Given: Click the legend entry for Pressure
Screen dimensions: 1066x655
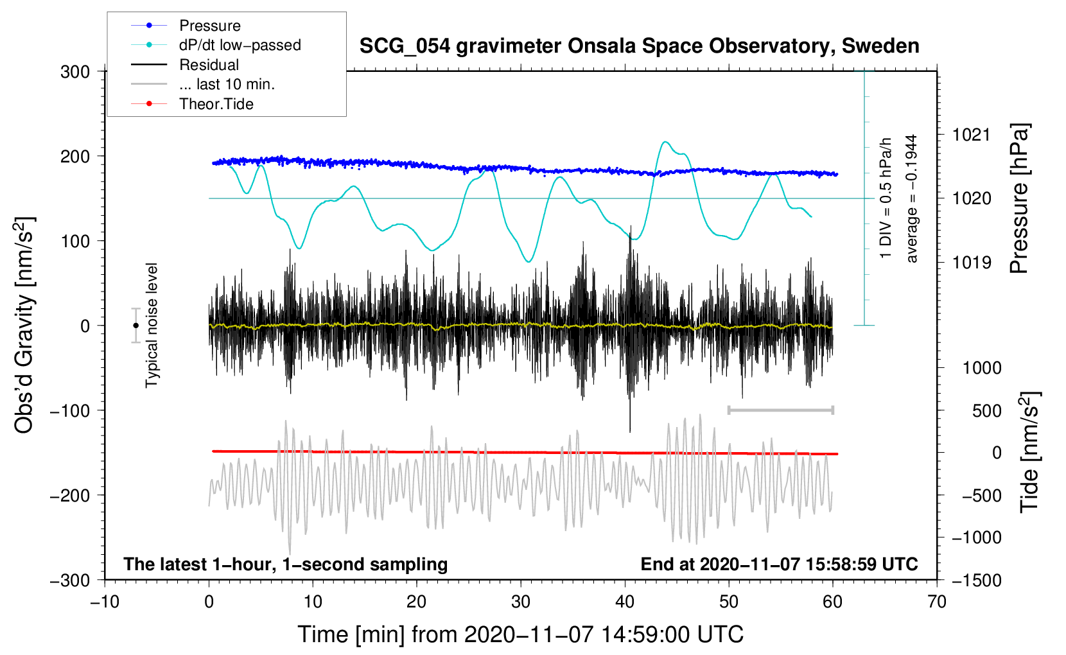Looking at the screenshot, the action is pos(186,25).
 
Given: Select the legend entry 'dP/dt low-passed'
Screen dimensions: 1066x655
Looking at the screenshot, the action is pos(216,45).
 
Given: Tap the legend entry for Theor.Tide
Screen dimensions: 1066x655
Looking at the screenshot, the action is pos(192,104).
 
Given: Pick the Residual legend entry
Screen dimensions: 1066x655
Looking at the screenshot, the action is pos(185,64).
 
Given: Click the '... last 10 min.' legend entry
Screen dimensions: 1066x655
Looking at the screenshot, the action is pos(203,84).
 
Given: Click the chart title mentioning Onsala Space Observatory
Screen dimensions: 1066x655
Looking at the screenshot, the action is pos(639,46).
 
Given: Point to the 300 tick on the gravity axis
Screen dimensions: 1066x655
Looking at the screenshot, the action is pos(75,72).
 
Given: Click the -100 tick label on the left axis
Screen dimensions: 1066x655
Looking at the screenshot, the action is pos(70,410).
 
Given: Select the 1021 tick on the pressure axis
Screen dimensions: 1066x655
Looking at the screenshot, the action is pos(972,135).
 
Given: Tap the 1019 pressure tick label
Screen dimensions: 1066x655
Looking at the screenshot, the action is pos(972,262).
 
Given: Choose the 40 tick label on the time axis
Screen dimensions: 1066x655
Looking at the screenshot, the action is pos(625,602).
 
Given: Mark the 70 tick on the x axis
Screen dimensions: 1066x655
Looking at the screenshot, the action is pos(937,602).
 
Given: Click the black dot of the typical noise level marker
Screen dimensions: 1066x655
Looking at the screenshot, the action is pos(135,326).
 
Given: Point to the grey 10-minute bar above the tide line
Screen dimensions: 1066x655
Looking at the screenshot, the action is pos(780,410).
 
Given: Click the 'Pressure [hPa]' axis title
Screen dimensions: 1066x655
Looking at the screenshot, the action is pos(1019,198).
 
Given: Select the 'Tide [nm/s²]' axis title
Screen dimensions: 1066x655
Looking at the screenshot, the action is pos(1030,452).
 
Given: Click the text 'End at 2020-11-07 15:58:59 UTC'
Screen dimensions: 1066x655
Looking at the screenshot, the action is pos(779,564).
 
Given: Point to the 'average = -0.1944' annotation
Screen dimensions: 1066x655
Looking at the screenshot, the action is pos(911,198).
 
